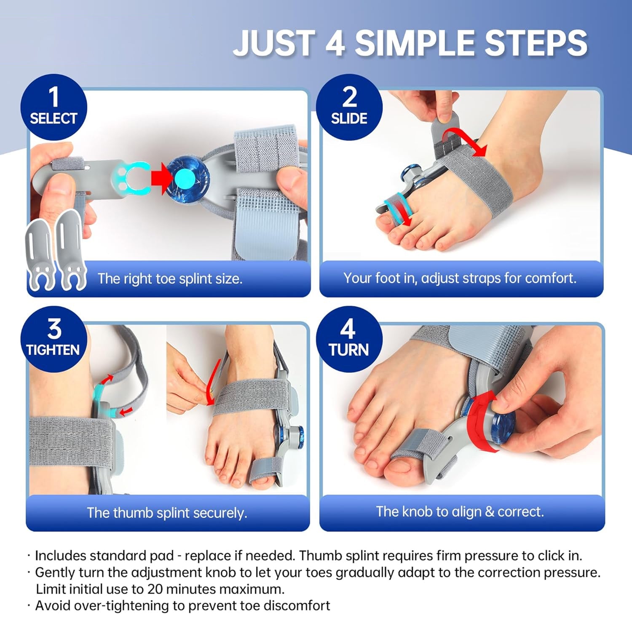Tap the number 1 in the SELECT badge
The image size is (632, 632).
54,96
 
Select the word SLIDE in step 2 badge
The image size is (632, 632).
349,118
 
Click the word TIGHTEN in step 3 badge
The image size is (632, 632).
53,350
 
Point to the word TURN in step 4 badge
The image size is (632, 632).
349,350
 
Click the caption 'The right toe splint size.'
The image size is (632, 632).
170,279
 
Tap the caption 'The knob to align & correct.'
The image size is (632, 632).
460,511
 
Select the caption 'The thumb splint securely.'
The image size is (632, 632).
167,513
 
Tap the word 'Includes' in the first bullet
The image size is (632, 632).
60,556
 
